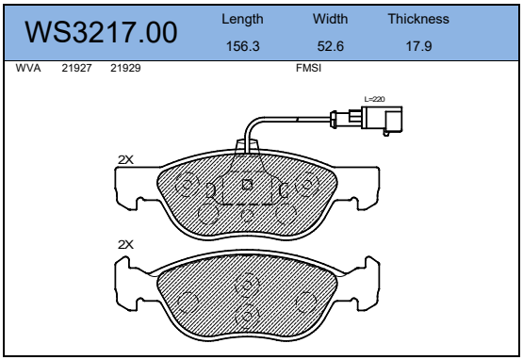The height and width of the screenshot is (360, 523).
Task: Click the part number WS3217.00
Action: [101, 32]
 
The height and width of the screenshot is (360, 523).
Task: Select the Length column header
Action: [242, 20]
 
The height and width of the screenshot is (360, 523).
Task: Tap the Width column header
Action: [330, 19]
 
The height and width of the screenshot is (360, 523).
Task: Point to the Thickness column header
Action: [418, 19]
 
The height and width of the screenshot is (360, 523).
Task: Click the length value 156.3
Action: [243, 46]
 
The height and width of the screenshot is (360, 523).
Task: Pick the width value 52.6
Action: [330, 46]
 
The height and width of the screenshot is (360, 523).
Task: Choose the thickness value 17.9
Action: [418, 46]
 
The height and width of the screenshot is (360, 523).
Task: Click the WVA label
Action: [28, 68]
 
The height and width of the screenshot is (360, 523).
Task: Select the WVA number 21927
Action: [76, 68]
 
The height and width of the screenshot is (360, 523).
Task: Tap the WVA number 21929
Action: [125, 68]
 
